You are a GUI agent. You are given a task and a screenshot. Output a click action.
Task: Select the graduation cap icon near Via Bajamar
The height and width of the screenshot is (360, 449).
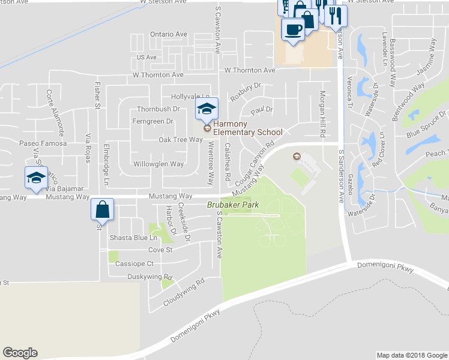(x=36, y=178)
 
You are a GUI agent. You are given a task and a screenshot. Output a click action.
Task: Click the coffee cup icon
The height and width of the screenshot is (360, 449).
(x=293, y=28)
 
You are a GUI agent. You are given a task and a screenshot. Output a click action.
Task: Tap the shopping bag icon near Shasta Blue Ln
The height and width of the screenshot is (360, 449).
(x=103, y=210)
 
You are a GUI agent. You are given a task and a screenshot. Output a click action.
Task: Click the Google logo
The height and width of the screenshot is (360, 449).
(x=20, y=353)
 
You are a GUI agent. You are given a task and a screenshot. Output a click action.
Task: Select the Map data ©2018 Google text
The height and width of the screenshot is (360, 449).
(x=411, y=355)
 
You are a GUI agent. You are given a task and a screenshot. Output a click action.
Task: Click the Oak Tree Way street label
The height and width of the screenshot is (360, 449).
(x=180, y=139)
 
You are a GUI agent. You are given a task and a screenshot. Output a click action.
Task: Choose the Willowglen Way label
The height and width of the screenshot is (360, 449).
(x=159, y=164)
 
